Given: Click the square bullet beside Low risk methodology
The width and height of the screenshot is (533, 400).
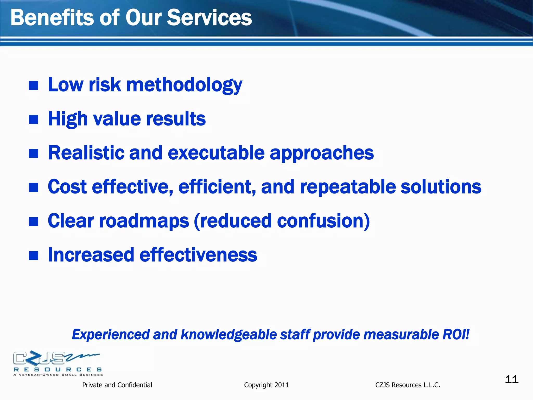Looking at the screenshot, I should click(x=34, y=85).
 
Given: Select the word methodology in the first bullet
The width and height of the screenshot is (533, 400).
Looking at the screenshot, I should click(x=184, y=85).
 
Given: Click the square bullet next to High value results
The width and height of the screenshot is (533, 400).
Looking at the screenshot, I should click(x=34, y=120).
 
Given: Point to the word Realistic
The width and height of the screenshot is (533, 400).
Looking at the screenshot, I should click(x=86, y=153).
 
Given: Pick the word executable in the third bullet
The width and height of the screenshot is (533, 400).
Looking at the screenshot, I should click(x=216, y=153).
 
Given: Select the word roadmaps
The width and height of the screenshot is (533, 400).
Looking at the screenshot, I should click(x=144, y=221).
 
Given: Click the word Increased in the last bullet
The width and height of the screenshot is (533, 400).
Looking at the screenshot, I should click(x=91, y=255).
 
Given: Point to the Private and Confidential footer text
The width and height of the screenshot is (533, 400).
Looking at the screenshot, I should click(x=117, y=385).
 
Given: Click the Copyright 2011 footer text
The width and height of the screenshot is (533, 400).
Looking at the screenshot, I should click(x=266, y=385).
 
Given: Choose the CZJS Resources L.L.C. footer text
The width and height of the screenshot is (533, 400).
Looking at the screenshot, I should click(x=408, y=385).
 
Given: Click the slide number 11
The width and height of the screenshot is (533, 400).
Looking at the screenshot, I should click(x=511, y=379).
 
